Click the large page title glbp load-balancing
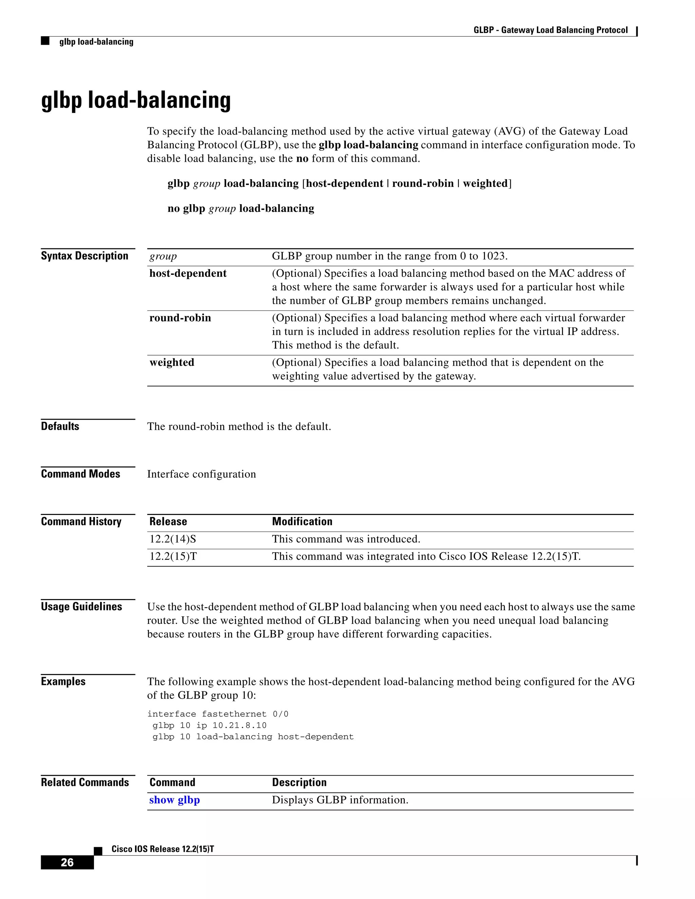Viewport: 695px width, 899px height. coord(136,100)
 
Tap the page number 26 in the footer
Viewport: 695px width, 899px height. coord(67,862)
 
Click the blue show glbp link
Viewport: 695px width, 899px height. coord(174,800)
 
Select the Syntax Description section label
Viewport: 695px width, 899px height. coord(84,256)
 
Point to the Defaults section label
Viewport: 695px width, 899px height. coord(60,426)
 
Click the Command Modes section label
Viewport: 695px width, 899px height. coord(80,474)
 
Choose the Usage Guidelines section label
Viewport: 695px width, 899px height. coord(81,607)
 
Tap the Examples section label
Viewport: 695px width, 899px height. coord(63,682)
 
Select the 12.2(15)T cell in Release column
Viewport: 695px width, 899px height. coord(173,556)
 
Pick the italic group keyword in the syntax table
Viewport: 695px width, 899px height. coord(163,256)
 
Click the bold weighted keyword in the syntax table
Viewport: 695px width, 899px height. coord(172,363)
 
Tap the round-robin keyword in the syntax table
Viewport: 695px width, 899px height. coord(180,318)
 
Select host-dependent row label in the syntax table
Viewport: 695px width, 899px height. coord(188,274)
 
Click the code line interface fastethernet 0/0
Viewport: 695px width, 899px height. coord(218,714)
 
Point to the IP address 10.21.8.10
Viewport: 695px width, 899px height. coord(239,725)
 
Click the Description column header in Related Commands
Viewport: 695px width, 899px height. coord(299,783)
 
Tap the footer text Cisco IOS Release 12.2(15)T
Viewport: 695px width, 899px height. coord(163,849)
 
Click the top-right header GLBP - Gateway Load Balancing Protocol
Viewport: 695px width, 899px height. coord(550,30)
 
